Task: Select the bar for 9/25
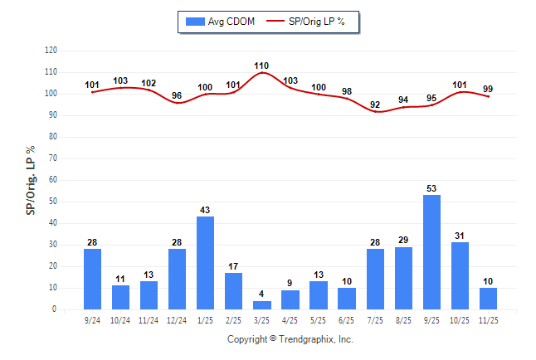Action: coord(432,252)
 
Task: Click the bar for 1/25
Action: coord(205,263)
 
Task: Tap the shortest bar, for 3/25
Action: coord(262,305)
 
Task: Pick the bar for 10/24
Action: coord(120,297)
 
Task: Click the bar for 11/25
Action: coord(489,299)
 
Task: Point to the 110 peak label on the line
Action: coord(261,65)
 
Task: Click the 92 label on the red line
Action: coord(376,105)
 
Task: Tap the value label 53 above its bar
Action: coord(432,188)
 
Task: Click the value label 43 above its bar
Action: coord(205,210)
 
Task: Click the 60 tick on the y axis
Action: coord(53,180)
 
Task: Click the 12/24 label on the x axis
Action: coord(177,319)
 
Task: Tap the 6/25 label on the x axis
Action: coord(347,319)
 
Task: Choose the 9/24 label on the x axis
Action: coord(92,319)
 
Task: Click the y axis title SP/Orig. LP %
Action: coord(31,180)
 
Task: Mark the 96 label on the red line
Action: coord(177,95)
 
